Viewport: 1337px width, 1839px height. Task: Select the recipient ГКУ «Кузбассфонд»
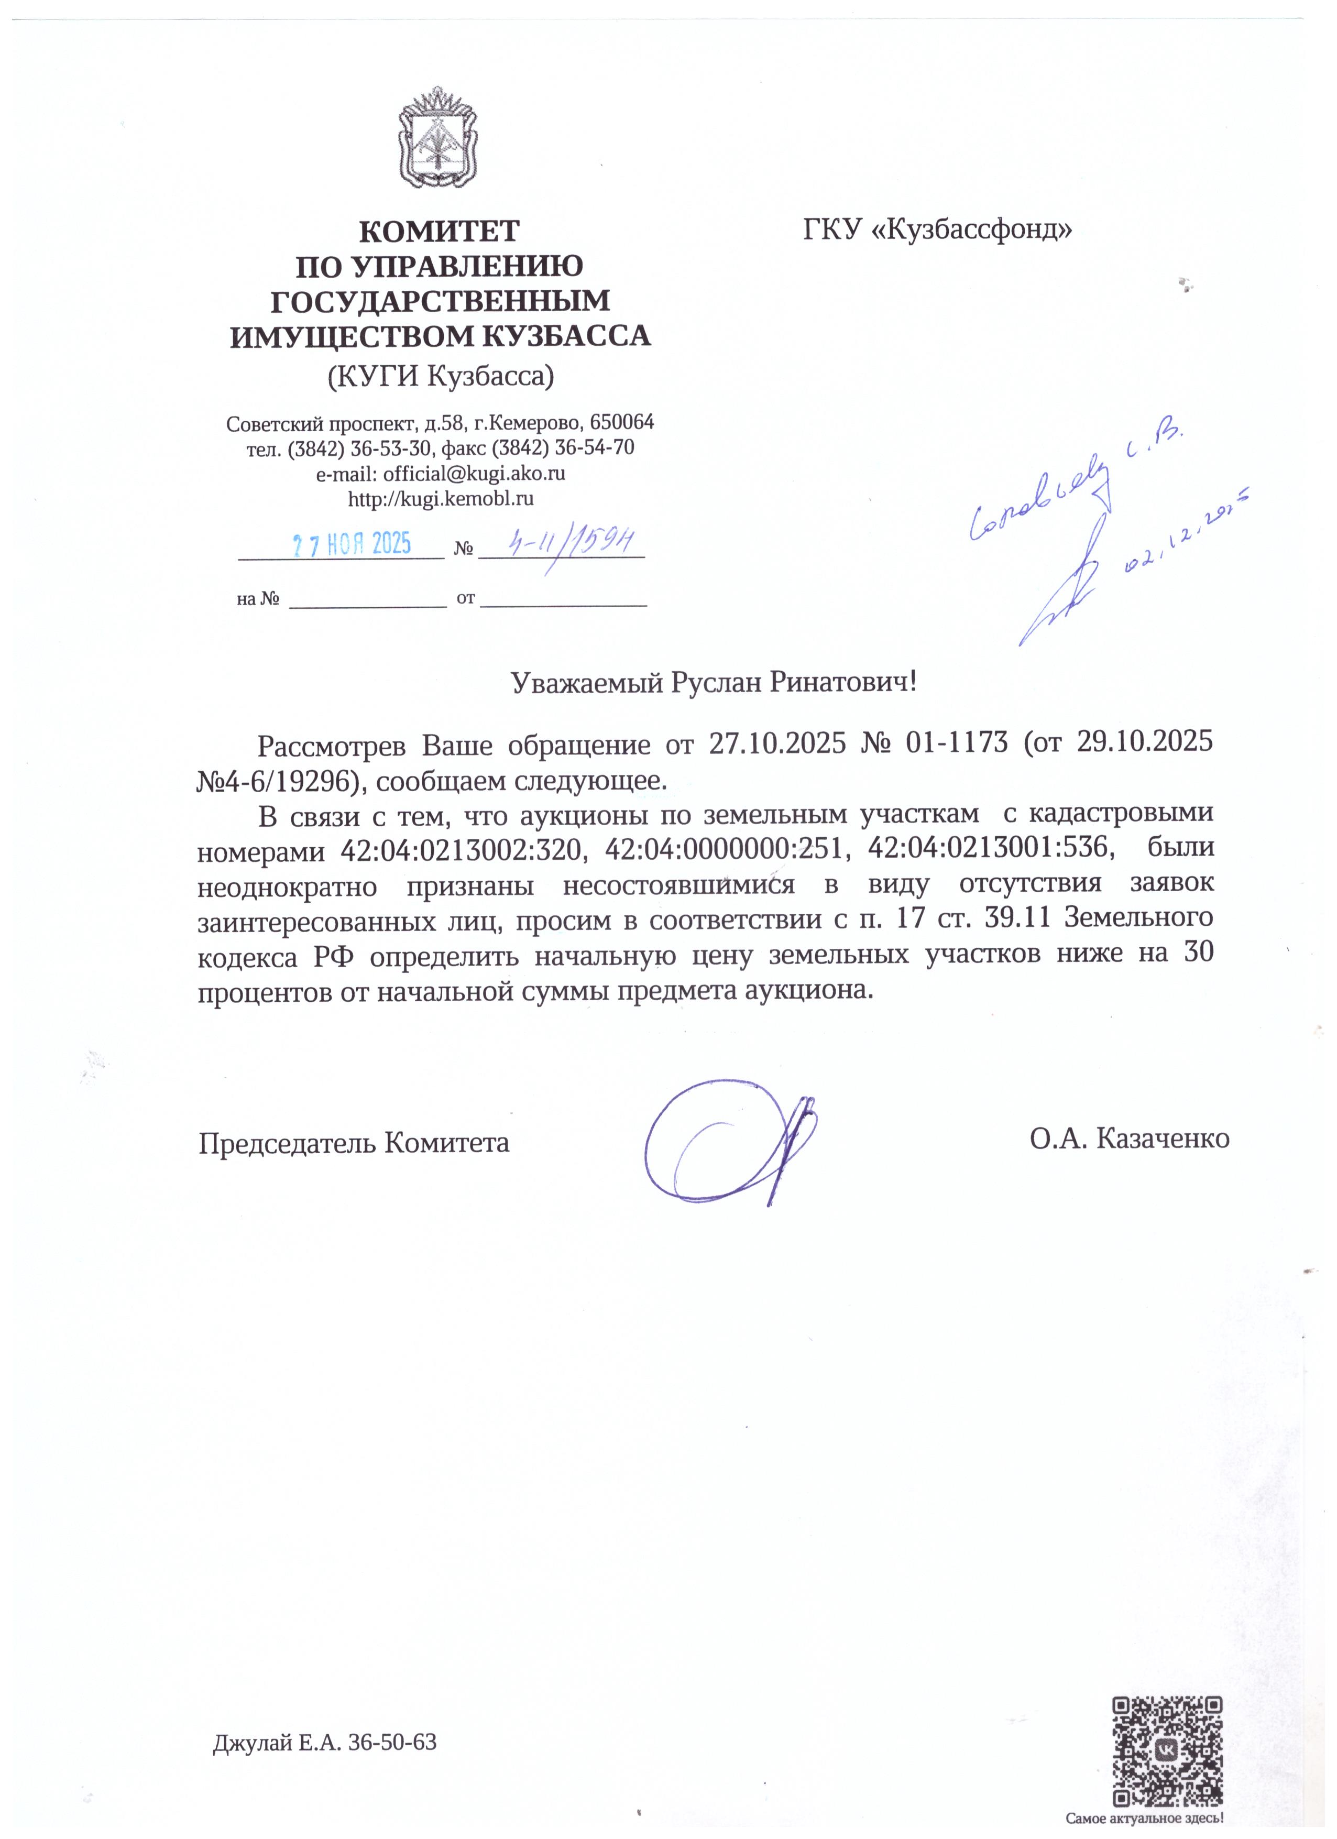[937, 231]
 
